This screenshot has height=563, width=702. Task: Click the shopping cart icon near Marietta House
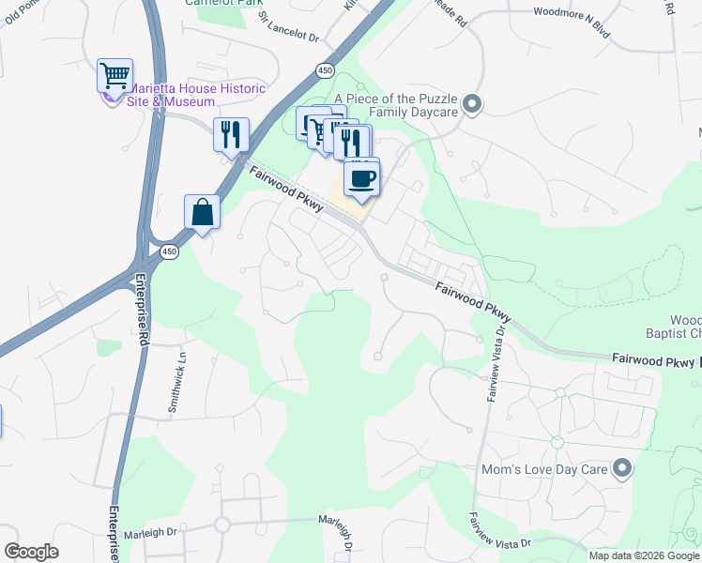114,74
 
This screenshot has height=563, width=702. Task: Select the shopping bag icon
202,211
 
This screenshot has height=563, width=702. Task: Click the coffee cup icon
361,176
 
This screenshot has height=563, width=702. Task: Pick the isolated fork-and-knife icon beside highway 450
230,135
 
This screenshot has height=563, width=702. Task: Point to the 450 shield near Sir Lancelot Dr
325,70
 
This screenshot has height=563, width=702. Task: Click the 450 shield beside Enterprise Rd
168,251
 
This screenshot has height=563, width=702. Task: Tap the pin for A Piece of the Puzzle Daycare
472,103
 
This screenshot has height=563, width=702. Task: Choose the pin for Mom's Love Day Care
621,467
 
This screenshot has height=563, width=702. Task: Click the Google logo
31,552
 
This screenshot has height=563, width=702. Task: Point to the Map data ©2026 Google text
644,555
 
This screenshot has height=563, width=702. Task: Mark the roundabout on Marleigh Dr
222,525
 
